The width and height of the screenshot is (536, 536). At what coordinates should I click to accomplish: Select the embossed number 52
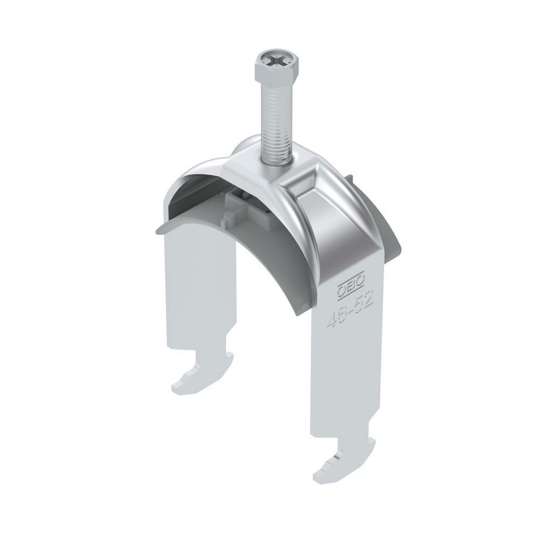pyautogui.click(x=363, y=301)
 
